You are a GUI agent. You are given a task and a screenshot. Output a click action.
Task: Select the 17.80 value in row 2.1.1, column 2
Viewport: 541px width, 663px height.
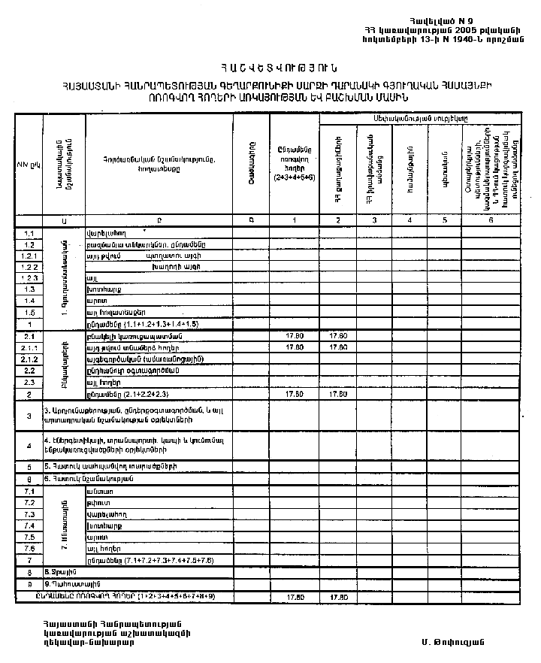(339, 348)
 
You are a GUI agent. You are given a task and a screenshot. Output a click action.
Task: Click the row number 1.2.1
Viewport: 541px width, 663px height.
(30, 256)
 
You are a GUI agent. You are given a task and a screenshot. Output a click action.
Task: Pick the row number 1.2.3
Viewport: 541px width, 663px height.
(30, 277)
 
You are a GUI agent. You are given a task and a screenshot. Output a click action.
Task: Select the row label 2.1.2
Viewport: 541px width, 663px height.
(30, 359)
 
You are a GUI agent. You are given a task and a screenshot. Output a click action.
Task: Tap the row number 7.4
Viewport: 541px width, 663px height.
(30, 525)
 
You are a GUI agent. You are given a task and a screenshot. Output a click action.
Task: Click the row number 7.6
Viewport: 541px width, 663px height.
(30, 549)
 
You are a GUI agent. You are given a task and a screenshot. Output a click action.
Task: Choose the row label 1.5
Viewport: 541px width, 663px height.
(30, 311)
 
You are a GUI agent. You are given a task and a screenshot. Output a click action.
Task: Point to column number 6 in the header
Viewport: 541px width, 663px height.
(490, 219)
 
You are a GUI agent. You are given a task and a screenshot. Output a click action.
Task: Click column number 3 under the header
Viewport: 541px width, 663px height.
(374, 219)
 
